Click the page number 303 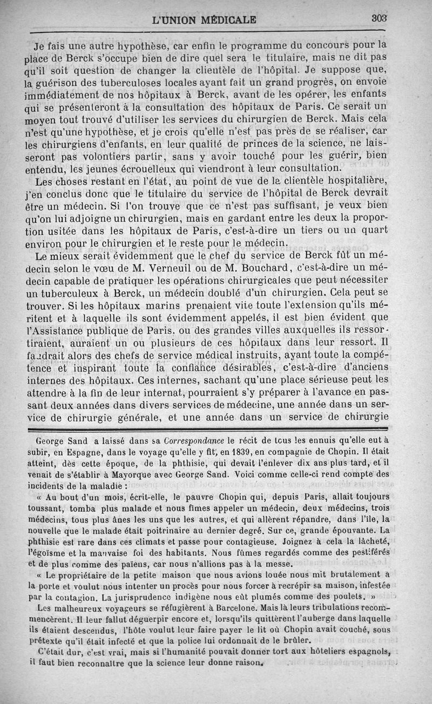coord(380,18)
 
